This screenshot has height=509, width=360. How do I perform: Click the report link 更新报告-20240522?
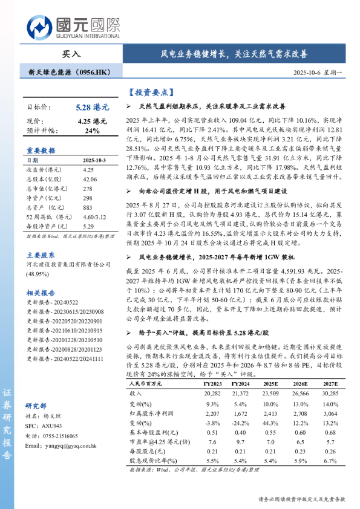(51, 302)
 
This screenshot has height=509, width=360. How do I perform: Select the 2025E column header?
(270, 383)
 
